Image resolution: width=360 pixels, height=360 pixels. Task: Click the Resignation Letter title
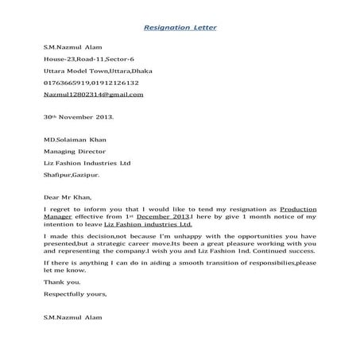pos(180,29)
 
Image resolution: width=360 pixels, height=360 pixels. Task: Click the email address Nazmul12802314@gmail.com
pos(93,94)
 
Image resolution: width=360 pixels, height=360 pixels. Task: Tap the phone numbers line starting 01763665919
pos(91,83)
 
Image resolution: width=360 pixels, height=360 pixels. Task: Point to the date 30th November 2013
pos(78,116)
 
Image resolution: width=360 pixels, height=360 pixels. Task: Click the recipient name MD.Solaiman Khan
pos(78,139)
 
